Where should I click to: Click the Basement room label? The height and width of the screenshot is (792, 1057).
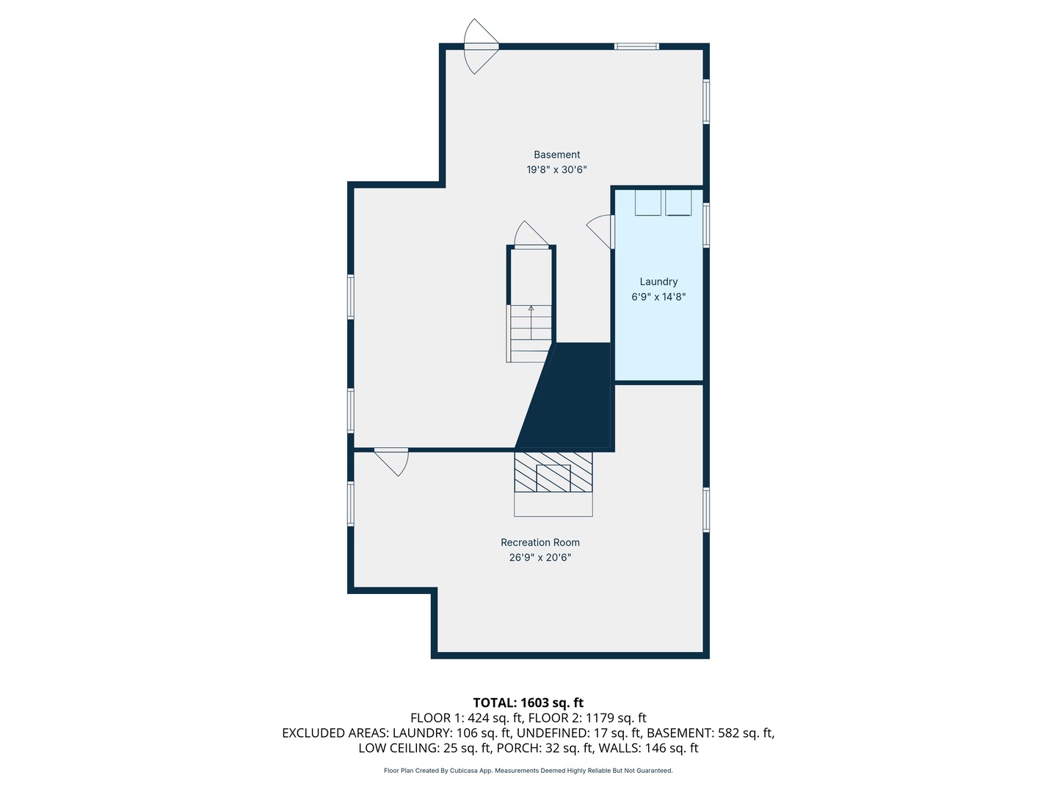coord(556,155)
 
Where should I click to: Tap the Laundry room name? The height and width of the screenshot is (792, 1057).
coord(658,282)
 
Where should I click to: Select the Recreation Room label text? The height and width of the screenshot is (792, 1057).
coord(540,543)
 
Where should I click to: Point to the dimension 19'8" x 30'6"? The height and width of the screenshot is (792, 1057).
coord(556,169)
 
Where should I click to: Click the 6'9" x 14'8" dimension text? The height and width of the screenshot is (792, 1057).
coord(658,297)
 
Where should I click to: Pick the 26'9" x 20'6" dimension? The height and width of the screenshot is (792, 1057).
coord(540,557)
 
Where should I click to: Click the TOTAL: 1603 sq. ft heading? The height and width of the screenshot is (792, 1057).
coord(528,703)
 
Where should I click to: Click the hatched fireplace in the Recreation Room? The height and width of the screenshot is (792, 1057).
coord(553,472)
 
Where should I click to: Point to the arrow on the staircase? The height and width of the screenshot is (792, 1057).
coord(531,322)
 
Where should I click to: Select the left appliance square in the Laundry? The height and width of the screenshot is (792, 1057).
coord(647,202)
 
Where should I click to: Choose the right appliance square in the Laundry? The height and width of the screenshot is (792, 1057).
coord(678,202)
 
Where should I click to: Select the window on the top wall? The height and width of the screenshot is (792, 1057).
coord(636,47)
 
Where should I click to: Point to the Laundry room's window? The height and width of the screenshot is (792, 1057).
coord(706,226)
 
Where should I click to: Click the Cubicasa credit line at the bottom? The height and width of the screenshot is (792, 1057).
coord(528,770)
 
